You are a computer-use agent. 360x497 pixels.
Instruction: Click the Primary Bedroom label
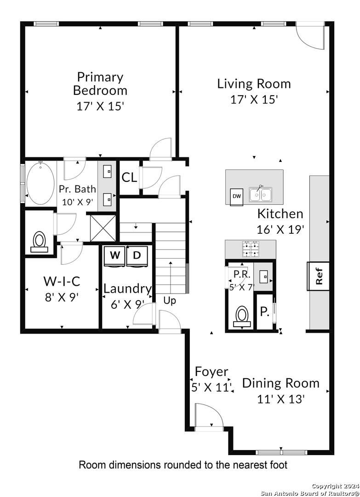point(100,84)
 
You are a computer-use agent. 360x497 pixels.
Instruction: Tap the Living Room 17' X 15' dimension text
point(254,99)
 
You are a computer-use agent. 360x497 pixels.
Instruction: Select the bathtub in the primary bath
point(40,182)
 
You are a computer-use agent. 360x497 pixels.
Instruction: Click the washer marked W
point(114,255)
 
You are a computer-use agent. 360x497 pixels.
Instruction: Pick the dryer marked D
point(137,255)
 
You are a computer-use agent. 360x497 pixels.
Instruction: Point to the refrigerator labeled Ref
point(318,276)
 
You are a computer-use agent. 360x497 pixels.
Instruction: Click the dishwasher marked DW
point(236,196)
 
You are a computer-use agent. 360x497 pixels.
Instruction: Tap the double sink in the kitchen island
point(261,194)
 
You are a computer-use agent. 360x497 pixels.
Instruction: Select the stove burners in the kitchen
point(250,249)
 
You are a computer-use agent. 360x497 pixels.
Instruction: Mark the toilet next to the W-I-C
point(40,242)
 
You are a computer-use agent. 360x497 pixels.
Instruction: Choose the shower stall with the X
point(103,227)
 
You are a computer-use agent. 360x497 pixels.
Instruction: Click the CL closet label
point(130,178)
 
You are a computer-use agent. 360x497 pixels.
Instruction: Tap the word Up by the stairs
point(170,301)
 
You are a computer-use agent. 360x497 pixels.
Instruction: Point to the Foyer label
point(211,371)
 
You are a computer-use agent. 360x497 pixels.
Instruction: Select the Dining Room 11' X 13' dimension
point(281,399)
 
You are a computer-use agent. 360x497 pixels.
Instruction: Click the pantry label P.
point(264,312)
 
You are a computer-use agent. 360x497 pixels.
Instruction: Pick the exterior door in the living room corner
point(310,35)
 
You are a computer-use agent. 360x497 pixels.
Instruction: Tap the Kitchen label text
point(280,214)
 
